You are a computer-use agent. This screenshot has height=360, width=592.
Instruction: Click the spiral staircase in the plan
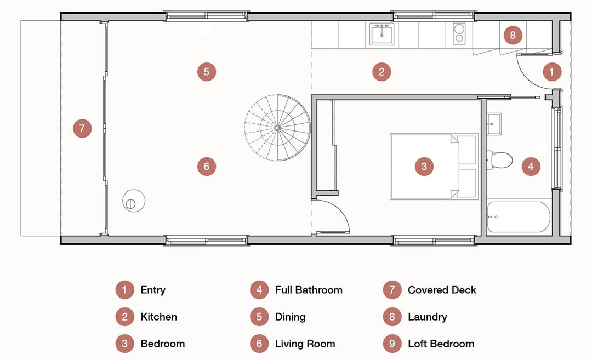pyautogui.click(x=277, y=128)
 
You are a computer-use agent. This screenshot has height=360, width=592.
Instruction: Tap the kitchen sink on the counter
pyautogui.click(x=382, y=33)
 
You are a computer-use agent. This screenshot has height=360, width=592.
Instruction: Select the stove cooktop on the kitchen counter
pyautogui.click(x=459, y=33)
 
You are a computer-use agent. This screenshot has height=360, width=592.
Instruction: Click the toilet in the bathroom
pyautogui.click(x=499, y=160)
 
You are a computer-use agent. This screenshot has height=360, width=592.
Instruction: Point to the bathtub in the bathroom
pyautogui.click(x=518, y=218)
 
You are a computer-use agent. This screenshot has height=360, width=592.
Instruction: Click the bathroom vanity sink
pyautogui.click(x=493, y=123)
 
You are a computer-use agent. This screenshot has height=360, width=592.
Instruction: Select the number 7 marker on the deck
pyautogui.click(x=82, y=129)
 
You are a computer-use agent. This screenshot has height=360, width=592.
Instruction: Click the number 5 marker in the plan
pyautogui.click(x=206, y=72)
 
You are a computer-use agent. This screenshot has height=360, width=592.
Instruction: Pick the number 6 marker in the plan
pyautogui.click(x=206, y=166)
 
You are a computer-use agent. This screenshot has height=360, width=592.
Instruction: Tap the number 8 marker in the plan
pyautogui.click(x=513, y=36)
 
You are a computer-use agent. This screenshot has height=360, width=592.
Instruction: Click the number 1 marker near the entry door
pyautogui.click(x=552, y=71)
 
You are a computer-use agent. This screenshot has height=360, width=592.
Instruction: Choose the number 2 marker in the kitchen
pyautogui.click(x=382, y=72)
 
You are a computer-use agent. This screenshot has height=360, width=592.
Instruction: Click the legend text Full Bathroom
pyautogui.click(x=309, y=290)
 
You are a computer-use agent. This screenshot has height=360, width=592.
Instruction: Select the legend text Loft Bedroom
pyautogui.click(x=441, y=344)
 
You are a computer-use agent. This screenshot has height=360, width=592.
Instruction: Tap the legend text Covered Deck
pyautogui.click(x=442, y=290)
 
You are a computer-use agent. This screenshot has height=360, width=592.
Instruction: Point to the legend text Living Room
pyautogui.click(x=305, y=344)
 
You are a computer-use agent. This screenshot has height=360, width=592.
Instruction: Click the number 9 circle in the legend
pyautogui.click(x=392, y=344)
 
